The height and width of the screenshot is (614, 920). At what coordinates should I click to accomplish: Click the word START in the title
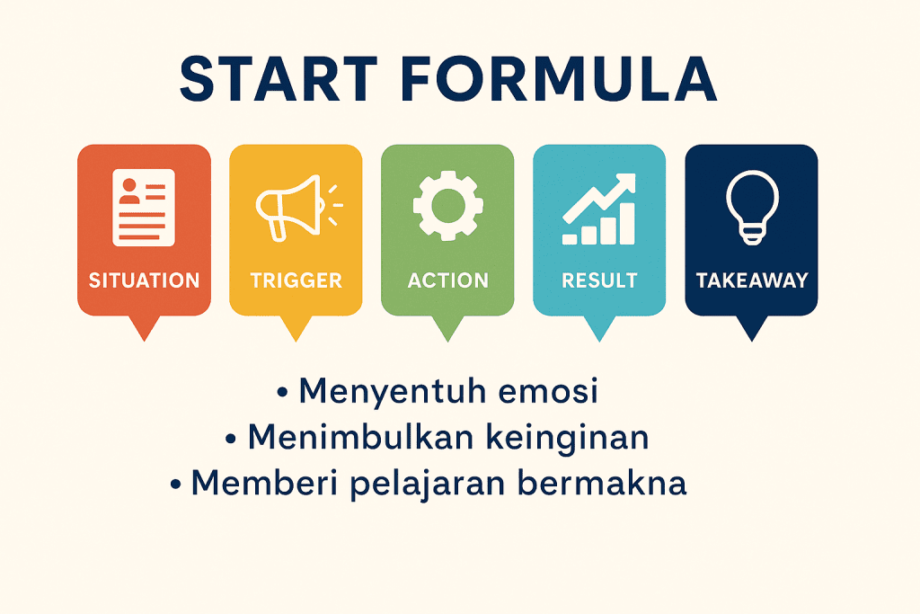tap(279, 79)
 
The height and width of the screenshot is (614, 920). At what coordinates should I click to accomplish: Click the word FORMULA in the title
tap(559, 79)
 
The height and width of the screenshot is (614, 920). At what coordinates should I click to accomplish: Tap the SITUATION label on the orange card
tap(145, 280)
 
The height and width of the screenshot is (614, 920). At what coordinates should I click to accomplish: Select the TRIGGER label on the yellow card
tap(296, 280)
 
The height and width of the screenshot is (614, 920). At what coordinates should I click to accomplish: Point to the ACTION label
tap(448, 280)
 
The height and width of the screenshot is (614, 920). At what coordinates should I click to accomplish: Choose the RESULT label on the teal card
tap(599, 280)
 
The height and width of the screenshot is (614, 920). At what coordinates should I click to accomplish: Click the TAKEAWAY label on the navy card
tap(752, 280)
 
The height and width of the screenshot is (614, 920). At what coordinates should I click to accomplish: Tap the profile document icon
tap(144, 207)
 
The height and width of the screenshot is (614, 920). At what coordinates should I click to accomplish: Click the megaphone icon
tap(298, 207)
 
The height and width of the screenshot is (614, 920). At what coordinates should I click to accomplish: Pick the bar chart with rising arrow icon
tap(599, 209)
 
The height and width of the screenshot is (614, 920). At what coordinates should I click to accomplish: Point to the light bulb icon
tap(752, 207)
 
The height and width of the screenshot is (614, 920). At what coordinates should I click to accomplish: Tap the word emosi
tap(548, 392)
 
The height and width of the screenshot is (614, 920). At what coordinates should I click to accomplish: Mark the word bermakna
tap(602, 483)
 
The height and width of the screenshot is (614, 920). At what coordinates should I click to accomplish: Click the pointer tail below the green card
tap(447, 328)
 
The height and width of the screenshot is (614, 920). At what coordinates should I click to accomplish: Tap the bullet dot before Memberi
tap(175, 485)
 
